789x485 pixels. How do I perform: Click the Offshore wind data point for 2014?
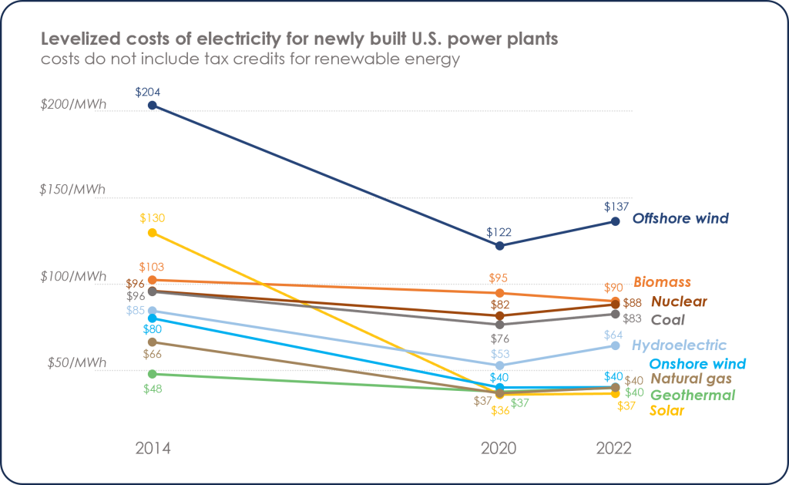coord(153,105)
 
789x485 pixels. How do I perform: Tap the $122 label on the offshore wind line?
coord(499,231)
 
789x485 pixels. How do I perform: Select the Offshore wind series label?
coord(680,219)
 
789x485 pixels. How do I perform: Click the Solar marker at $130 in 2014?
coord(153,232)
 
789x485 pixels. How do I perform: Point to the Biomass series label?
coord(662,282)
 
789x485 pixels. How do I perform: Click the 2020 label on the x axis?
coord(499,449)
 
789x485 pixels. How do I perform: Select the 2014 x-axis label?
coord(153,449)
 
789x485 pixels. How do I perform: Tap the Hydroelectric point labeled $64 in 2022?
coord(615,345)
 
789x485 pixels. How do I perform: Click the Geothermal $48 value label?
coord(153,389)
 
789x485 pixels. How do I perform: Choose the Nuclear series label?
coord(679,301)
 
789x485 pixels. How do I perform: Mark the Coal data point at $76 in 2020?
coord(499,325)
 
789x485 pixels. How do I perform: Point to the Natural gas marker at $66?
coord(153,342)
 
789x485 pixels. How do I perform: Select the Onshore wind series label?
coord(697,364)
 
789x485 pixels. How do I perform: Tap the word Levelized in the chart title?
coord(73,39)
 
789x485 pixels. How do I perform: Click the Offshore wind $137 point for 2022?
coord(615,221)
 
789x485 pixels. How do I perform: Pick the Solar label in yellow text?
coord(667,411)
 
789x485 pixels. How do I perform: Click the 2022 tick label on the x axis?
coord(614,449)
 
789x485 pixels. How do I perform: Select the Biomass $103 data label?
coord(153,265)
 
